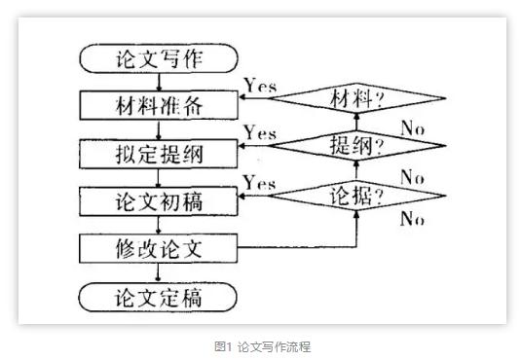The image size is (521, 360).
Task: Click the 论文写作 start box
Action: click(x=158, y=58)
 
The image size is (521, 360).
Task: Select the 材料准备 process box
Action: click(x=158, y=103)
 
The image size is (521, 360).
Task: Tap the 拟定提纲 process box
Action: click(x=158, y=152)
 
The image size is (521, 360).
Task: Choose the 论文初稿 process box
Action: click(x=158, y=200)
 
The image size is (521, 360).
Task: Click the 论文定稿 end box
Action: click(x=158, y=295)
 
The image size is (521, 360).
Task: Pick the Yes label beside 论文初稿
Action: click(x=259, y=182)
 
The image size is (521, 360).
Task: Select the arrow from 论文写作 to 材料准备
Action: click(x=158, y=81)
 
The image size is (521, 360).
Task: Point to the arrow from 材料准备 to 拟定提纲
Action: click(x=158, y=127)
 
